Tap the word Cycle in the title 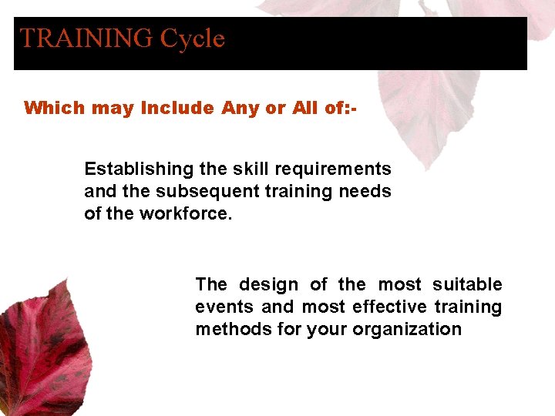coord(192,39)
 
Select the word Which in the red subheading coord(53,108)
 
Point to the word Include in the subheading coord(177,108)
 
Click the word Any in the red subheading coord(240,108)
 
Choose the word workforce coord(185,213)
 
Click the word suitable coord(467,285)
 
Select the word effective coord(389,307)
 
